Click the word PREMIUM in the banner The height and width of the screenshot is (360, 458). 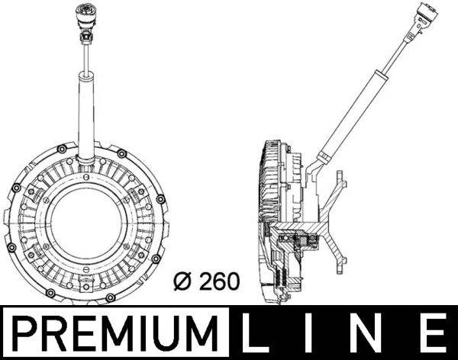[x=117, y=334]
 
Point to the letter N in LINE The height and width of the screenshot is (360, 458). [x=373, y=334]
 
